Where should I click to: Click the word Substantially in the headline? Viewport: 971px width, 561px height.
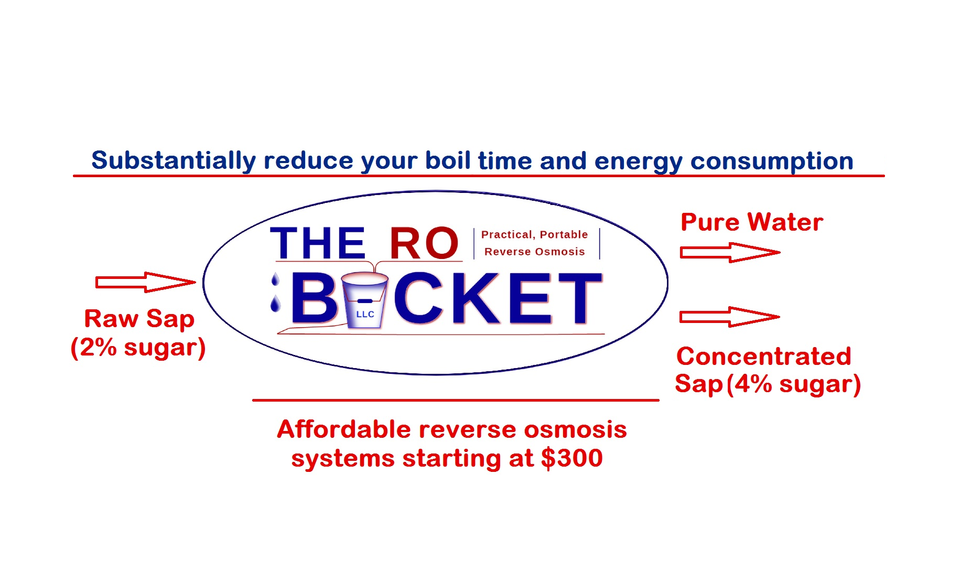(x=174, y=161)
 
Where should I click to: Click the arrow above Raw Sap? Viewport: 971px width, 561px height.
(x=145, y=282)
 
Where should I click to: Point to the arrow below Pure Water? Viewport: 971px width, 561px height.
(x=730, y=252)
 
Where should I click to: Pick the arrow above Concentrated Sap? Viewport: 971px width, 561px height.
(x=730, y=317)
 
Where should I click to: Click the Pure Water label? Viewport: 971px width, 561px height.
(x=752, y=222)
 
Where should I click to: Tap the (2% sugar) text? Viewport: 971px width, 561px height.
(x=138, y=348)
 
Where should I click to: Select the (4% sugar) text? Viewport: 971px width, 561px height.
(x=794, y=384)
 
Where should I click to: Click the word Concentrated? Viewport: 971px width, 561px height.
(x=763, y=356)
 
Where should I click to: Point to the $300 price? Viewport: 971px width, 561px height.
(x=572, y=458)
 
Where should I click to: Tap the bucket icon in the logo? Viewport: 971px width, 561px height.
(x=364, y=300)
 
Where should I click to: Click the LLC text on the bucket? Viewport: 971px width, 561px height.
(x=365, y=314)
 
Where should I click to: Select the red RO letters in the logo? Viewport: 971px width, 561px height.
(x=424, y=243)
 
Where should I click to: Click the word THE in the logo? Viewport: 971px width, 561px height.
(x=318, y=243)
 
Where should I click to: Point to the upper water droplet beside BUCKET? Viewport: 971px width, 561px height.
(x=275, y=279)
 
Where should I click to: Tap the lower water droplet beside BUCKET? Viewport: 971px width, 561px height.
(x=275, y=304)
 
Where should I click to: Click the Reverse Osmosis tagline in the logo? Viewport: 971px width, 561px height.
(x=534, y=252)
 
